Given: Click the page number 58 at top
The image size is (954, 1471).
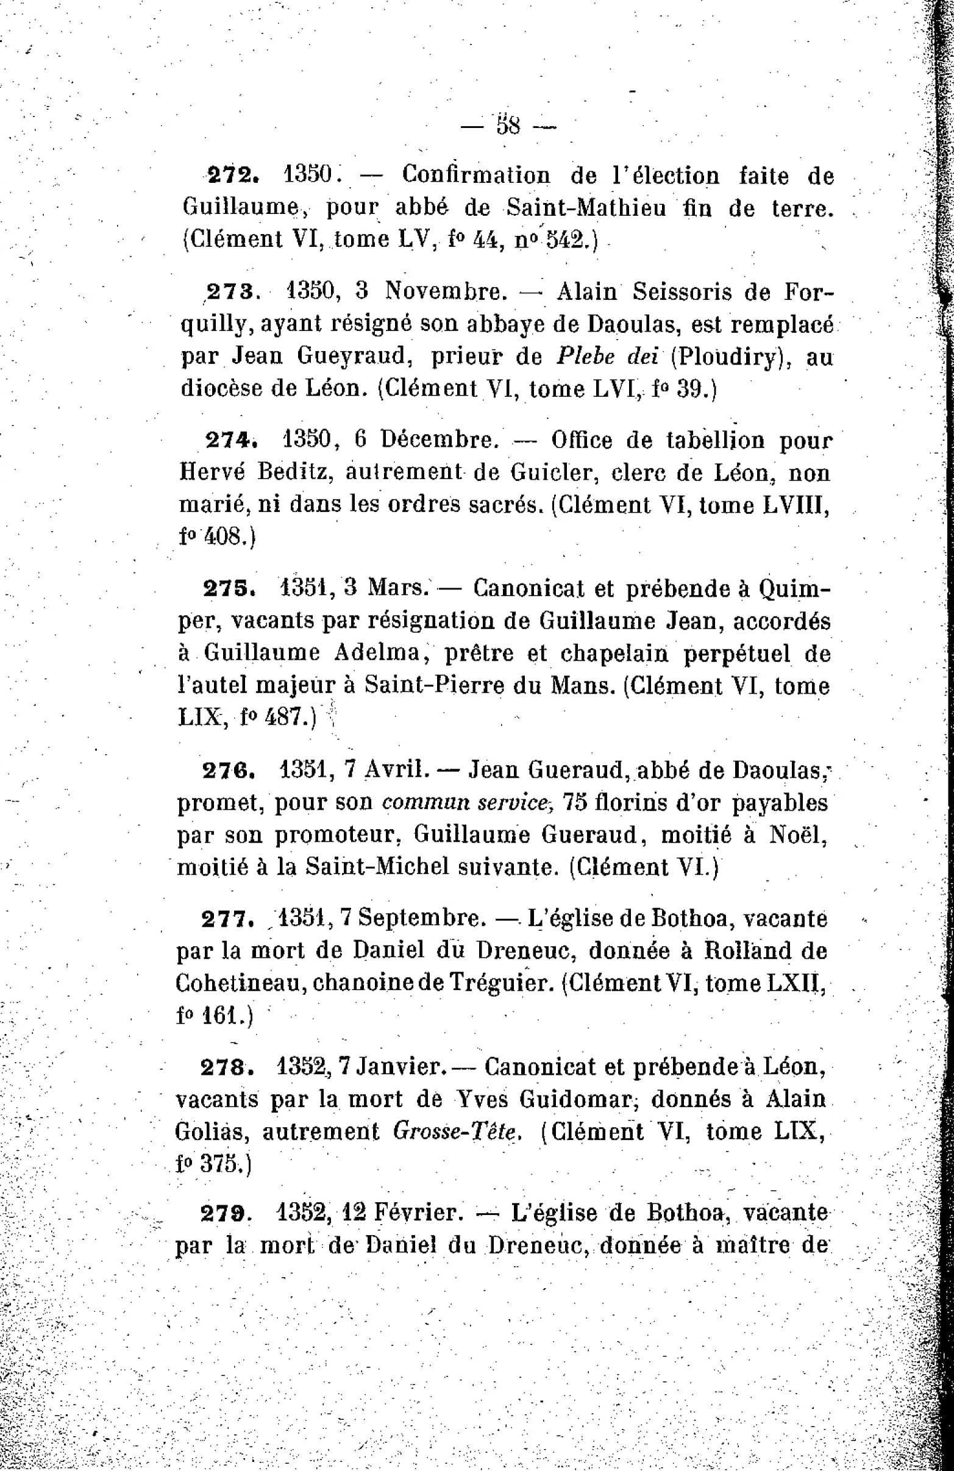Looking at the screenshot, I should (x=508, y=126).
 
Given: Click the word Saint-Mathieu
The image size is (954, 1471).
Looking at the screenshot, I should (x=586, y=208).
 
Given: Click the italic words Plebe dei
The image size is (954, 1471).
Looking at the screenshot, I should (x=607, y=356).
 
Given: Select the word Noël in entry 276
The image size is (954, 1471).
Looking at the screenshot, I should (x=798, y=835).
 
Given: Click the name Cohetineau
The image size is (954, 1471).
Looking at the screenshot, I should (x=240, y=983).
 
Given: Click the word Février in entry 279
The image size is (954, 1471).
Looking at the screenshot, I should (x=418, y=1213).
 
